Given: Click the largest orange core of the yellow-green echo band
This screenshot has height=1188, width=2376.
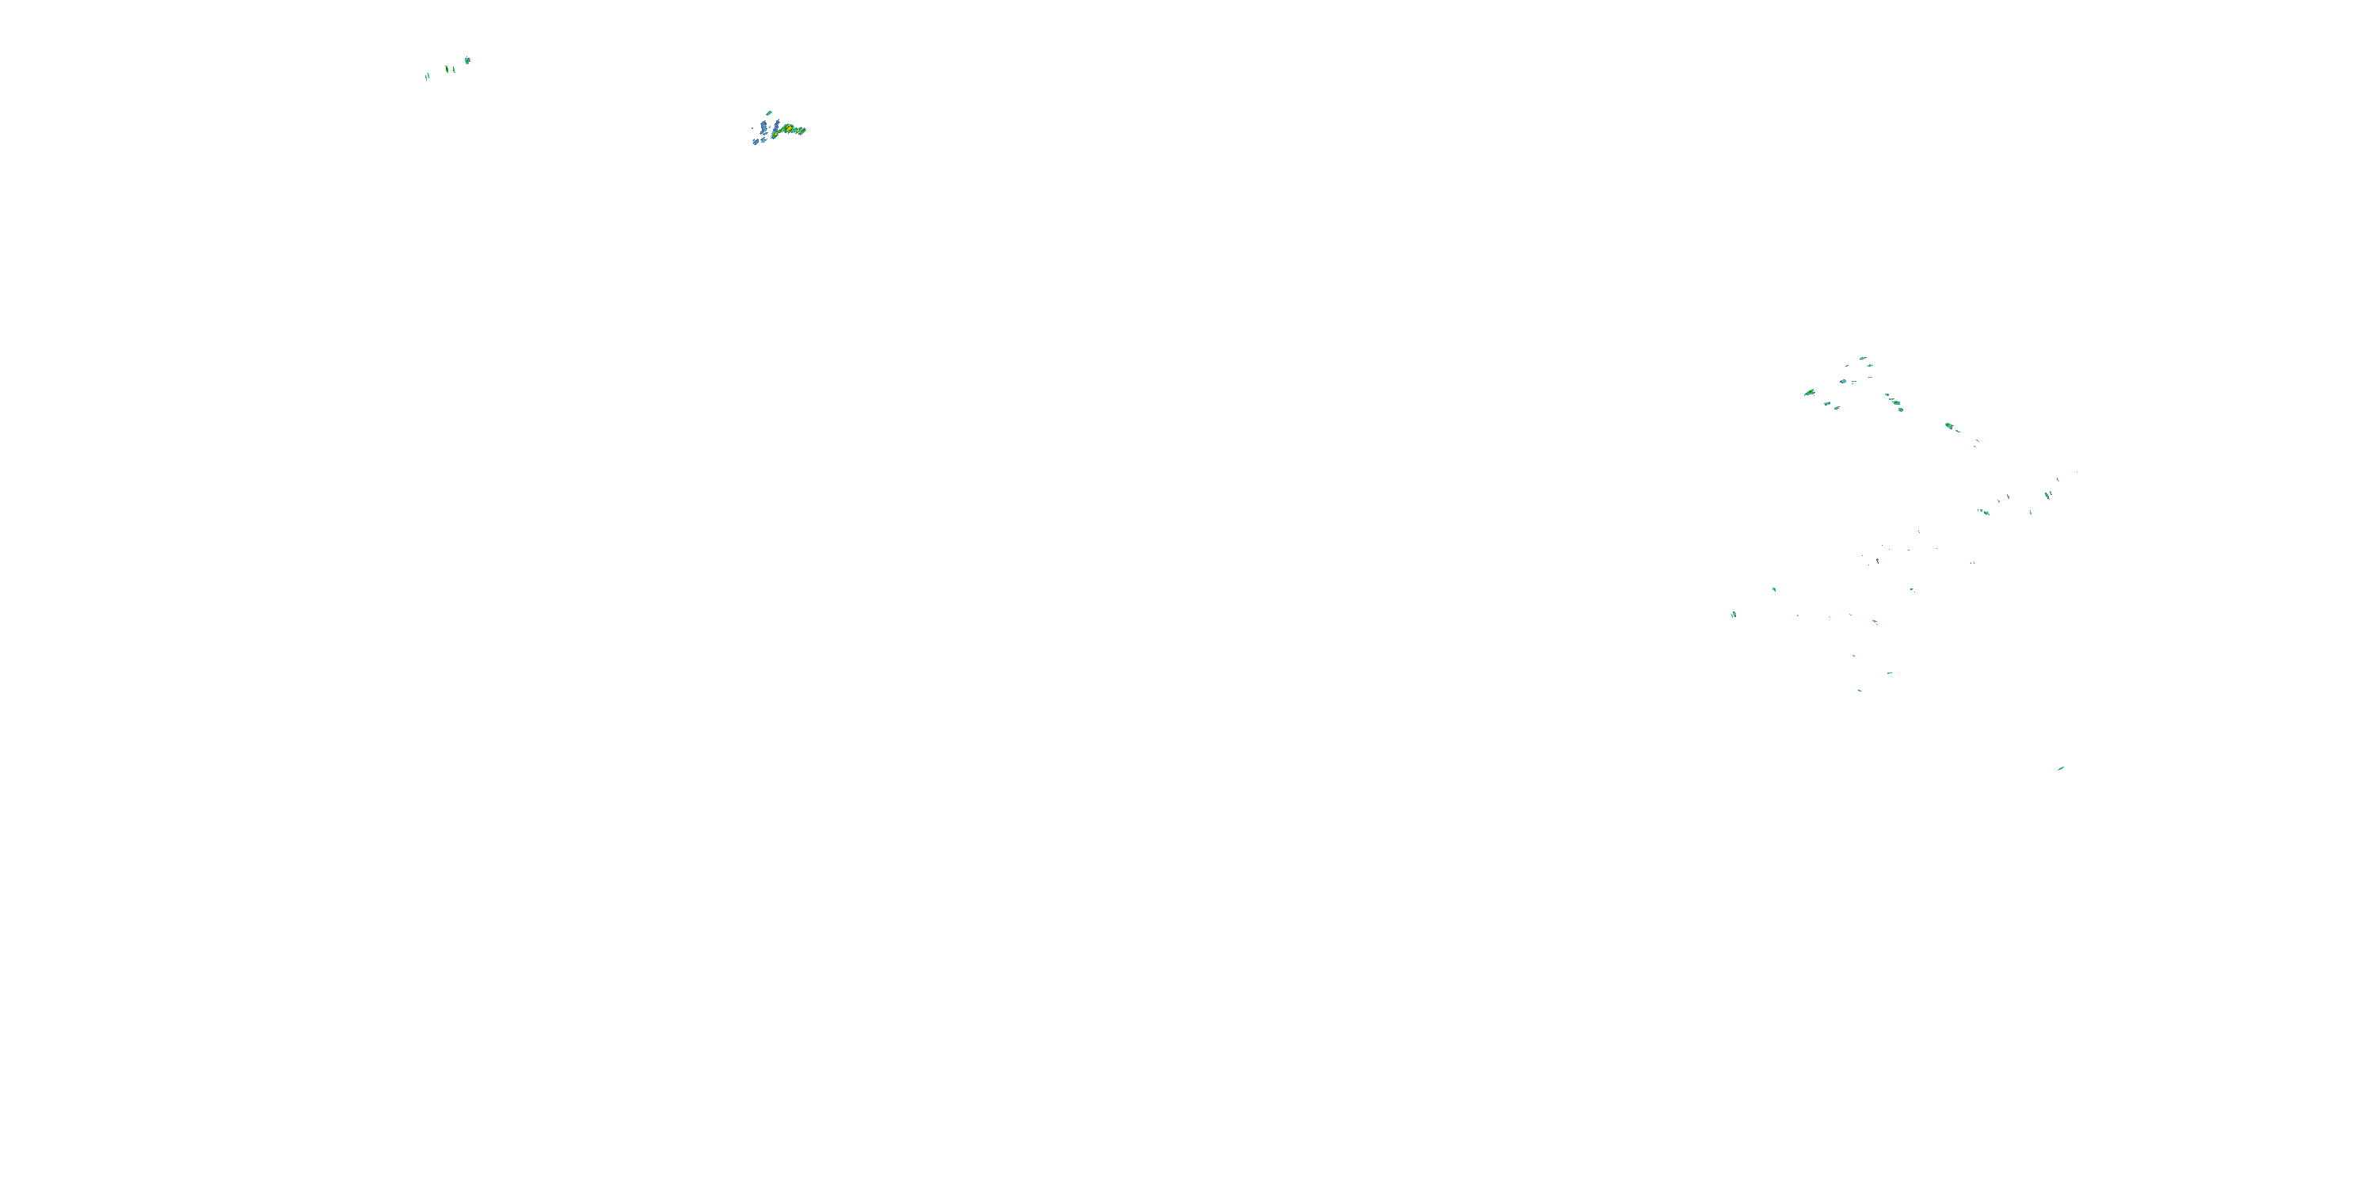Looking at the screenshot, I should coord(788,128).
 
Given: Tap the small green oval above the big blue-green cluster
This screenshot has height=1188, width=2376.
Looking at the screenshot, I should coord(769,113).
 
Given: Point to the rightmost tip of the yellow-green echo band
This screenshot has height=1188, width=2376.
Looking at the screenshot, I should coord(805,130).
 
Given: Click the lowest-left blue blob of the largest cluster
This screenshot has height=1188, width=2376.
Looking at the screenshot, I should coord(756,142).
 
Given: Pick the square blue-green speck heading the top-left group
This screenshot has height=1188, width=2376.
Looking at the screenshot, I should coord(467,61).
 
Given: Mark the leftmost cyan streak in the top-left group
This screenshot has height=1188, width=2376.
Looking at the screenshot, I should coord(427,77).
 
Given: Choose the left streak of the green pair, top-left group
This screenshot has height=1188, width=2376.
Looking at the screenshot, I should coord(447,69).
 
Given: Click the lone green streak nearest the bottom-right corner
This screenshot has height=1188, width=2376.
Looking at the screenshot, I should coord(2061,768).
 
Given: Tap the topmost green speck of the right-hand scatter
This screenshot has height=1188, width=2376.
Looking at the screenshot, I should coord(1863,358).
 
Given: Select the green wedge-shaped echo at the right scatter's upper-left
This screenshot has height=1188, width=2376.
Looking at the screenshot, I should coord(1810,393).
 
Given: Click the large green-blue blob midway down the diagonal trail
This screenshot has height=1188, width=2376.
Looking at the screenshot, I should coord(1949,426).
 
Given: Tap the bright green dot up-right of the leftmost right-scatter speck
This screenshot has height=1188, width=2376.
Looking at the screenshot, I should coord(1774,589).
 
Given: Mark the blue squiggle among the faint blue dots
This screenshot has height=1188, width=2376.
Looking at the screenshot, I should coord(1877,560).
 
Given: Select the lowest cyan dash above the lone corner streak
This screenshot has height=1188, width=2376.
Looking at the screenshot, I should coord(1860,690).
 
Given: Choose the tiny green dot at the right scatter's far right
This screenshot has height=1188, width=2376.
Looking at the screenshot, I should coord(2077,472).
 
